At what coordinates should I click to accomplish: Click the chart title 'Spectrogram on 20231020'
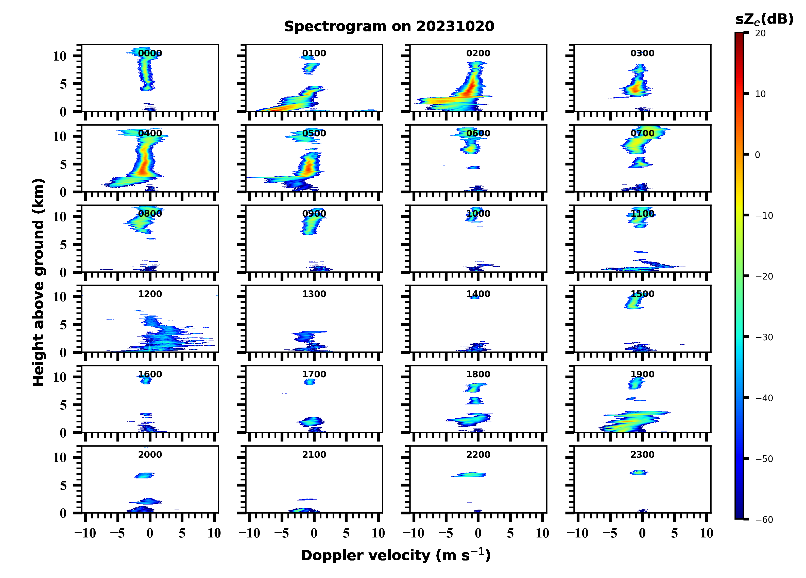389,27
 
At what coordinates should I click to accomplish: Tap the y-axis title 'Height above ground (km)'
38,282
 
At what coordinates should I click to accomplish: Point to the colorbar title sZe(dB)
764,20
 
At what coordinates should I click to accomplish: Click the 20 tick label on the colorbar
761,33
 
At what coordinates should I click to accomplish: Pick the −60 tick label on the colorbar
764,520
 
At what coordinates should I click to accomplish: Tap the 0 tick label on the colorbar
757,155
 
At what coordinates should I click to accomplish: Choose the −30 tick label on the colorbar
764,337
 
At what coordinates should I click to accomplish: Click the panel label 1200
150,294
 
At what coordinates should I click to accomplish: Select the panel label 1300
314,294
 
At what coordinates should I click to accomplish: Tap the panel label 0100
314,53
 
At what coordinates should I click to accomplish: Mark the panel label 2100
314,454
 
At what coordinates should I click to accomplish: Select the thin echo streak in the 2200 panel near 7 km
470,475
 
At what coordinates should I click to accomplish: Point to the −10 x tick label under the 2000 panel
85,533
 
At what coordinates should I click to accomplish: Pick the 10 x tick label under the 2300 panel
707,533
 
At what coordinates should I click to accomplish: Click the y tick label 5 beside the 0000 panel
63,84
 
